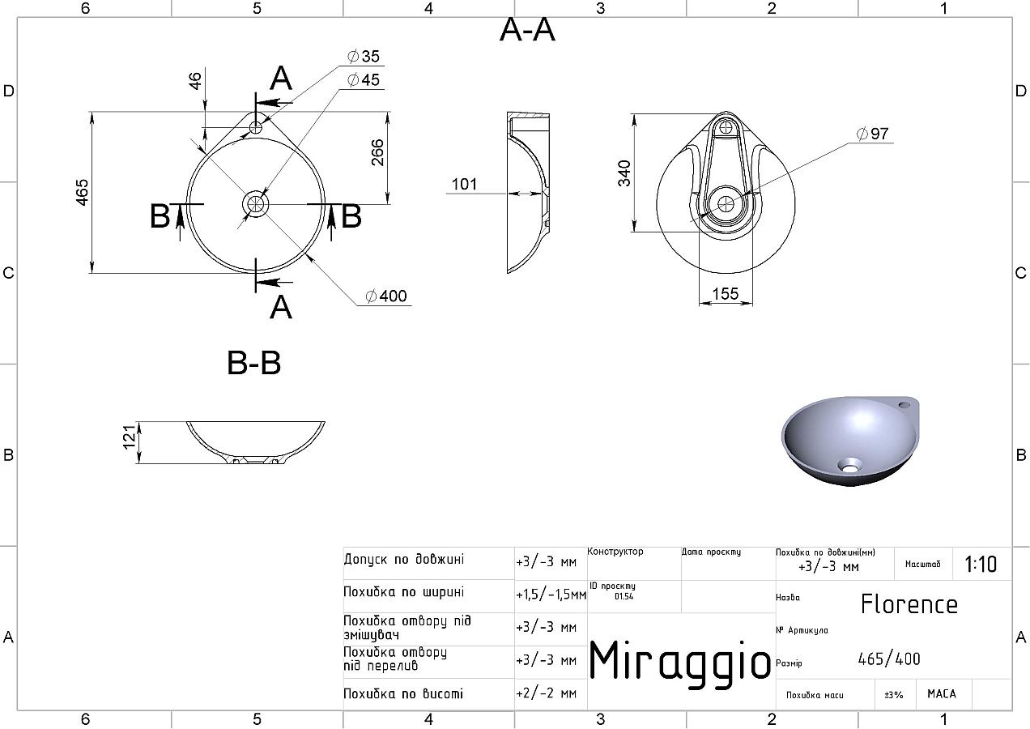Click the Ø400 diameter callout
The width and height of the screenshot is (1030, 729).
pos(386,296)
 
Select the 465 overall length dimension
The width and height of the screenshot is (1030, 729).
pos(82,192)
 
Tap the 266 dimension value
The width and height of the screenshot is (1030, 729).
pos(377,152)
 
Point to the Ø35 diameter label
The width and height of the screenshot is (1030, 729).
pos(364,57)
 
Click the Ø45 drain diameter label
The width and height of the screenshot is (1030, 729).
pos(364,80)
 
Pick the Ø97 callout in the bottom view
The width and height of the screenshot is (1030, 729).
pos(873,134)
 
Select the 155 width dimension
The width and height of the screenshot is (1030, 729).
pos(726,293)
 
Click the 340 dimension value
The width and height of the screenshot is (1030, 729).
pos(624,173)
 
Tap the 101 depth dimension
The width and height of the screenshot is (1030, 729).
pos(464,185)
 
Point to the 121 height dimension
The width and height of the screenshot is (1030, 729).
pos(130,437)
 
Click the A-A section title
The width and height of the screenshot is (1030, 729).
pos(527,30)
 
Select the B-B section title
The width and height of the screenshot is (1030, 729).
pos(253,363)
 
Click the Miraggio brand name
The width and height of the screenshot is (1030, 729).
pos(679,663)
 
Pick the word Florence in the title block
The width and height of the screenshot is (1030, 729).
pos(909,604)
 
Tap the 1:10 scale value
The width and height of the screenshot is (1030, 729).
pos(981,565)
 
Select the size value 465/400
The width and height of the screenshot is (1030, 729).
pos(889,659)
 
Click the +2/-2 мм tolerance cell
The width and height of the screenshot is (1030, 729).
pos(547,693)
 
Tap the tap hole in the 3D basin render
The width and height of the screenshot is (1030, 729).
pos(904,405)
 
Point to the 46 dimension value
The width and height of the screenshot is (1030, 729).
pos(195,81)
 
